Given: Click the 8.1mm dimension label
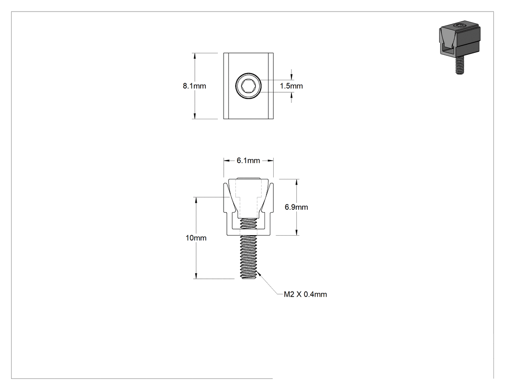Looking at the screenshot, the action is [194, 86].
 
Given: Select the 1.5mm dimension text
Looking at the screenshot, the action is [291, 86].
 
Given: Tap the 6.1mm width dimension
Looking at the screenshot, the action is [248, 161].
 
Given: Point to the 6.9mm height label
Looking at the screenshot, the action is [296, 207].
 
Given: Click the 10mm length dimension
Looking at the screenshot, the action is [196, 238].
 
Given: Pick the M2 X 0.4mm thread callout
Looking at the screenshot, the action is [305, 294].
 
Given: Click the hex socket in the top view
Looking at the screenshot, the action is [248, 86].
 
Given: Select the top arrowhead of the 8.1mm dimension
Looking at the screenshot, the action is [194, 56].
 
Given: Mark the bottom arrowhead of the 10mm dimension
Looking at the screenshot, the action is [196, 276].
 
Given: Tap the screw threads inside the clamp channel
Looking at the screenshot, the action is [248, 223].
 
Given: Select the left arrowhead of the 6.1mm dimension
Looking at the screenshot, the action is [227, 161].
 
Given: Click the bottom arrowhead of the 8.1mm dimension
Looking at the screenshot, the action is [194, 115].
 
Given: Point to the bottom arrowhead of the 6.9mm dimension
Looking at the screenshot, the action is [297, 232].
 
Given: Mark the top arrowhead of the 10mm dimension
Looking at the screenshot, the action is [196, 200].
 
